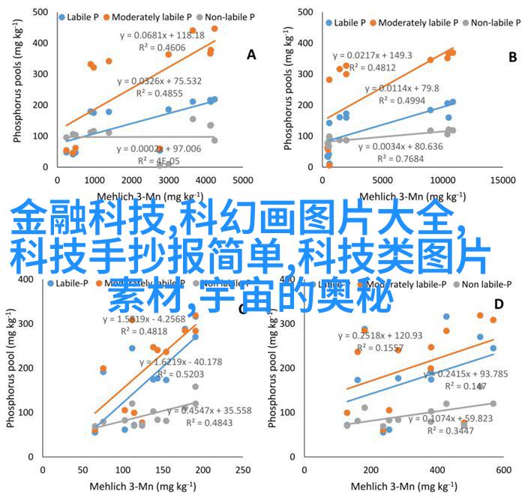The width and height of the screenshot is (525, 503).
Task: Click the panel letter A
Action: pyautogui.click(x=251, y=54)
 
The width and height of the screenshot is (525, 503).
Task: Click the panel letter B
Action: pyautogui.click(x=513, y=56)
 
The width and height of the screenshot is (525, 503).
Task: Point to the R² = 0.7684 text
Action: pyautogui.click(x=396, y=158)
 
